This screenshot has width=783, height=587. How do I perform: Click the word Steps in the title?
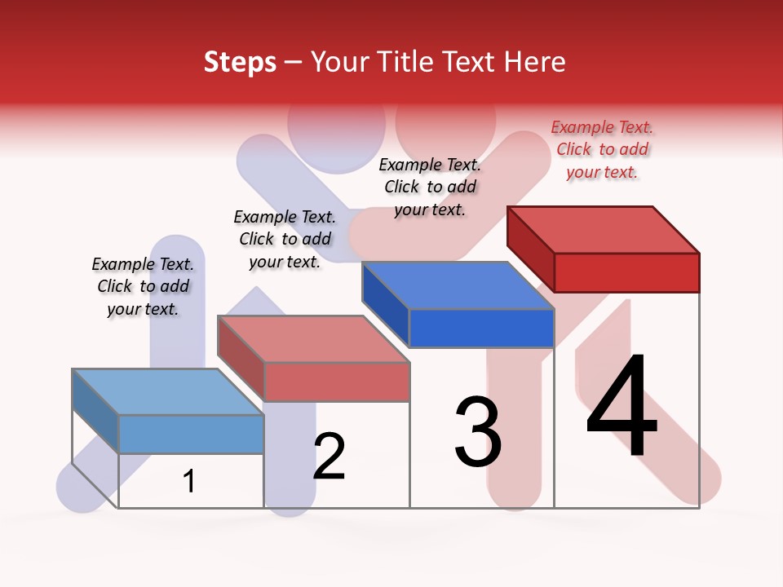coord(240,63)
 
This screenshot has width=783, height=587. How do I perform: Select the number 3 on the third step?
coord(478,432)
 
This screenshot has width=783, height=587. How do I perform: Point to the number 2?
coord(330,457)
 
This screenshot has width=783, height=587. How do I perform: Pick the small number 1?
coord(189,482)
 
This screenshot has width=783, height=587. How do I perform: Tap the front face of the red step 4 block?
coord(626,272)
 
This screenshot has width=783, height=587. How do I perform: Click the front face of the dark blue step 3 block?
coord(481,329)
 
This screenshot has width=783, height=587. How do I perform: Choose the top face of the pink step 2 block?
coord(313,339)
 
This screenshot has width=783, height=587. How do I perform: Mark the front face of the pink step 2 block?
coord(336,382)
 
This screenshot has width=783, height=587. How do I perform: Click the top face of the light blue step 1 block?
coord(168,392)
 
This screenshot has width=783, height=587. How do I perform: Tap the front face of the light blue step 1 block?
coord(191,434)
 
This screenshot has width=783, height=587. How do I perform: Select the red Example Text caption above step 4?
coord(602,150)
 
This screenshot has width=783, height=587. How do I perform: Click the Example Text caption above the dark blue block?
coord(430,187)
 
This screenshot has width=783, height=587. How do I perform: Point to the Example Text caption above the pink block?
coord(285,239)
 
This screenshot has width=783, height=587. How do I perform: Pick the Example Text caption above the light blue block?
coord(143,286)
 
